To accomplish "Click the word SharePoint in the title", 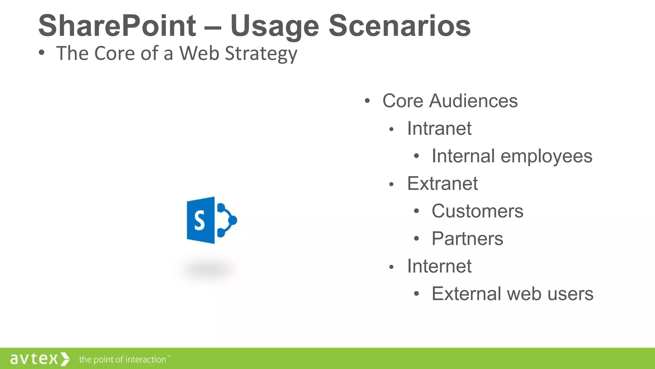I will [x=117, y=26].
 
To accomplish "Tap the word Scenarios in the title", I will [x=399, y=26].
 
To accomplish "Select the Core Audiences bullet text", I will [x=450, y=101].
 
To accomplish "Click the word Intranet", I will [x=439, y=128].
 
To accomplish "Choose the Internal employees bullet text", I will [x=512, y=156].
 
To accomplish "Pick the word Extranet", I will [x=442, y=184].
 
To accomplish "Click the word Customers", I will [x=477, y=211].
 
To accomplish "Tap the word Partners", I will [x=467, y=239].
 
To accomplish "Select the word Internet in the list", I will [x=439, y=266].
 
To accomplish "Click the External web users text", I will [x=512, y=294].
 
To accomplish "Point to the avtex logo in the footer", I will [x=34, y=359].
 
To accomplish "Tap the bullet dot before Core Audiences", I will [x=367, y=101].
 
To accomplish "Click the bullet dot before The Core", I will [x=41, y=53].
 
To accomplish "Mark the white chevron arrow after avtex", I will [x=65, y=359].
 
